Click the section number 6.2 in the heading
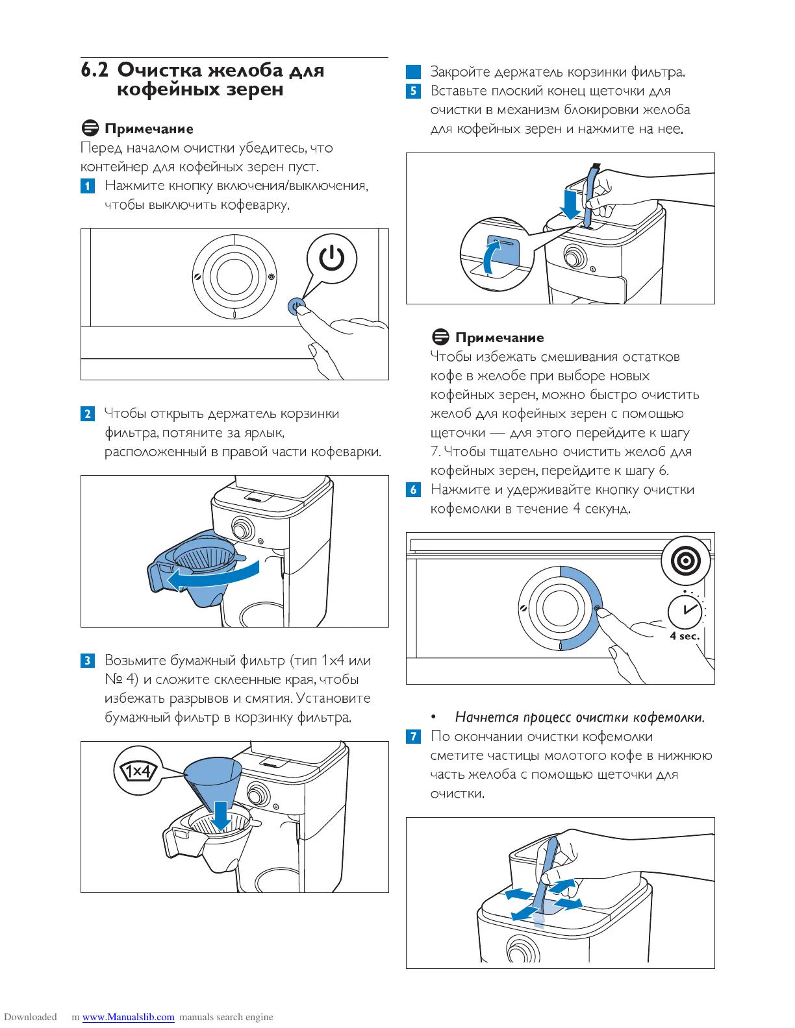click(95, 70)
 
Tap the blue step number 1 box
click(88, 186)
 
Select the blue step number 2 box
click(88, 414)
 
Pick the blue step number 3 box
click(88, 661)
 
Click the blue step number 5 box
click(413, 91)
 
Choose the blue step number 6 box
click(413, 490)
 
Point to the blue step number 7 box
click(413, 737)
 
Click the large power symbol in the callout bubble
click(332, 258)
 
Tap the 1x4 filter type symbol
click(137, 771)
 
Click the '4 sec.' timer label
click(685, 636)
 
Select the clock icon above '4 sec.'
click(685, 611)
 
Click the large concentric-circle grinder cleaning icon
click(686, 560)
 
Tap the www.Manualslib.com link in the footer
click(129, 1017)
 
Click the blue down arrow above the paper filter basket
click(221, 816)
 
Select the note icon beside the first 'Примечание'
click(90, 128)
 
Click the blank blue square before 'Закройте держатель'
click(413, 72)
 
